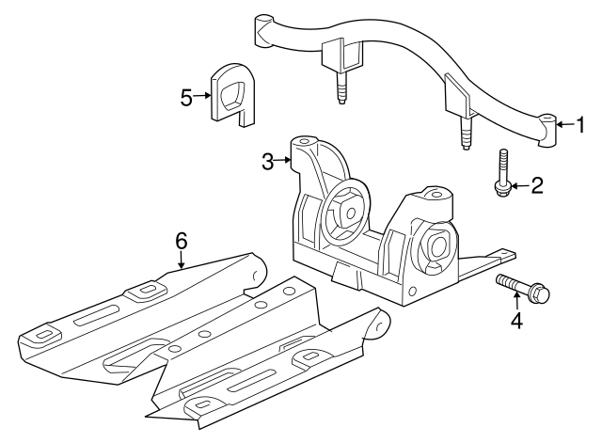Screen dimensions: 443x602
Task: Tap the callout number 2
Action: coord(537,185)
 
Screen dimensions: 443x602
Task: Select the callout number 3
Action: coord(268,161)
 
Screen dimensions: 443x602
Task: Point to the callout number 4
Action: coord(515,320)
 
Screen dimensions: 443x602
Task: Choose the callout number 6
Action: coord(182,241)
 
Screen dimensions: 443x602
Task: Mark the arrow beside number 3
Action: coord(284,161)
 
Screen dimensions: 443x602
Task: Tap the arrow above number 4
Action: coord(515,301)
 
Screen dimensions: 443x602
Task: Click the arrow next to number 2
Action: coord(520,186)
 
